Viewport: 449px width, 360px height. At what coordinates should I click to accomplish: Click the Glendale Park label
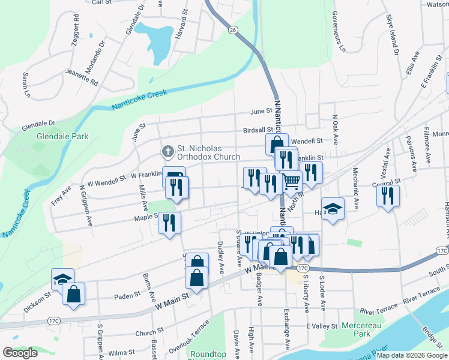[x=62, y=136]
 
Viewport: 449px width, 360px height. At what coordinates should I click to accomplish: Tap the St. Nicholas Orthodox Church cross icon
[x=168, y=149]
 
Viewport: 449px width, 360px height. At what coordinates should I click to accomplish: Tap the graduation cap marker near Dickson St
[x=62, y=278]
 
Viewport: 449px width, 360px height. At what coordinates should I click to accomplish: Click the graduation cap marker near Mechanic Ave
[x=333, y=208]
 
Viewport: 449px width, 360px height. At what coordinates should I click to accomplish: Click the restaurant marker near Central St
[x=388, y=194]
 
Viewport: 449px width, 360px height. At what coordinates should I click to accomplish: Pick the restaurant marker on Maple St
[x=169, y=223]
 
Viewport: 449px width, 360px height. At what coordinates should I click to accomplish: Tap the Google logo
[x=20, y=353]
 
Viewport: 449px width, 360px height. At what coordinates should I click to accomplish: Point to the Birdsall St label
[x=258, y=129]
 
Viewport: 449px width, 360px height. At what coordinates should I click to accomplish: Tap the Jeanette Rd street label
[x=81, y=79]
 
